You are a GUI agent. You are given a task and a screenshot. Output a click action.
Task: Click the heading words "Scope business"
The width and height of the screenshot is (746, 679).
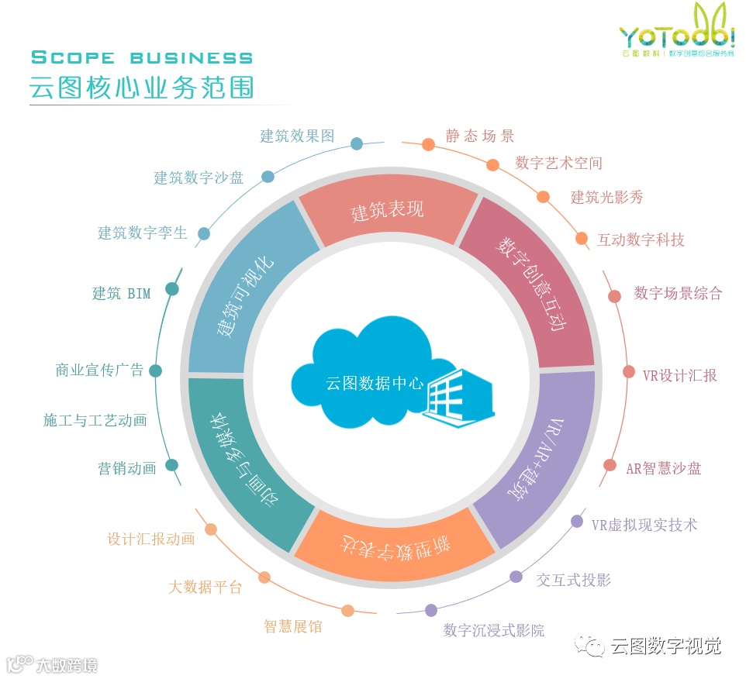pyautogui.click(x=142, y=57)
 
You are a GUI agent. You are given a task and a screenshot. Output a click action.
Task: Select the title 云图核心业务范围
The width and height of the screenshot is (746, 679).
pyautogui.click(x=142, y=86)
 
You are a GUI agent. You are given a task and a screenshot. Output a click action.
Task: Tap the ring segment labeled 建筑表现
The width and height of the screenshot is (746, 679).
pyautogui.click(x=387, y=210)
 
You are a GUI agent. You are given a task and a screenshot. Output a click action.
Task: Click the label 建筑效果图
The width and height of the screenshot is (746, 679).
pyautogui.click(x=297, y=136)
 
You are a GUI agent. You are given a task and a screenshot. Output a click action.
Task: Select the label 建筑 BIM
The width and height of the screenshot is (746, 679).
pyautogui.click(x=122, y=294)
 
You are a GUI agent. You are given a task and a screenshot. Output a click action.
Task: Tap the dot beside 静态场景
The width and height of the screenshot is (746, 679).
pyautogui.click(x=428, y=144)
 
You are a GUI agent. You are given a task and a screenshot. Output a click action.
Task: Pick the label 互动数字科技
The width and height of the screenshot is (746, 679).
pyautogui.click(x=641, y=240)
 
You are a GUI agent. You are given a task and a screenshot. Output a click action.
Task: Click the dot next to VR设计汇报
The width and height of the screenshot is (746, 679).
pyautogui.click(x=629, y=372)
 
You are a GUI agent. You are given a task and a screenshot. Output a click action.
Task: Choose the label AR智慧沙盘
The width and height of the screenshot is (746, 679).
pyautogui.click(x=664, y=468)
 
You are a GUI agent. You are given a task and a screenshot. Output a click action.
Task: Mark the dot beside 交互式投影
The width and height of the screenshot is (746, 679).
pyautogui.click(x=516, y=577)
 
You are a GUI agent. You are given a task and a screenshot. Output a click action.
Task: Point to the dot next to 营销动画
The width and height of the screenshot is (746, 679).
pyautogui.click(x=172, y=465)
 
